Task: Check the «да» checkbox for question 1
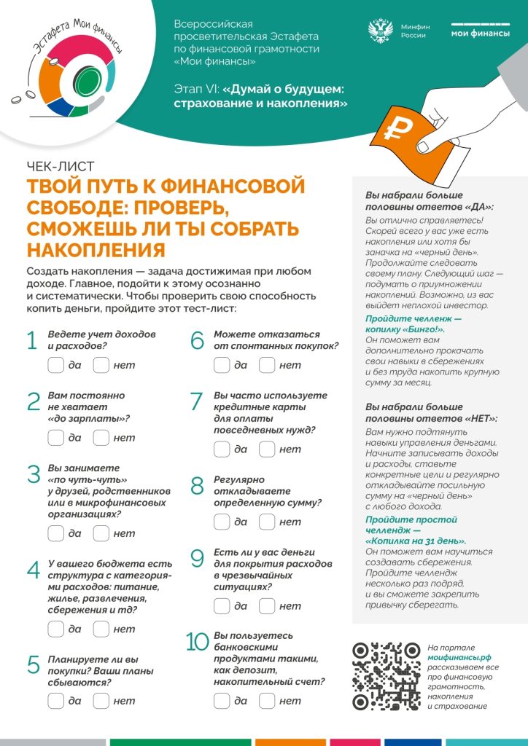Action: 55,364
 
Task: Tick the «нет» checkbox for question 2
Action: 101,437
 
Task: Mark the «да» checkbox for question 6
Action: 222,364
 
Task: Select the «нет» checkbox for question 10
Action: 267,701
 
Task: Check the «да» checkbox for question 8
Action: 222,522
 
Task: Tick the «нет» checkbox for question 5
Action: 101,701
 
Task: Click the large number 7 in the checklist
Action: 195,401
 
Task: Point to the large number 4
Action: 34,570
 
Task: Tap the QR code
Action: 387,675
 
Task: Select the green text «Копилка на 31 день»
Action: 416,541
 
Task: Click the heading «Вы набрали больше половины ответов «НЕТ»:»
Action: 430,412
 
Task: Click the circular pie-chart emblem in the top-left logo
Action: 70,80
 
